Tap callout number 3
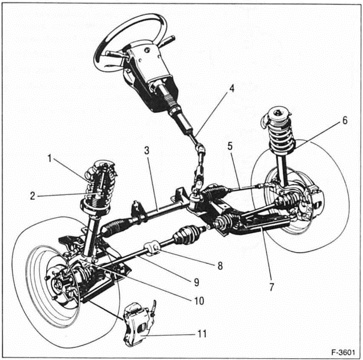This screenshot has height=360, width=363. [x=146, y=149]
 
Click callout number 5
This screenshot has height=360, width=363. [x=229, y=146]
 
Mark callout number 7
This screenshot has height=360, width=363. [x=272, y=287]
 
